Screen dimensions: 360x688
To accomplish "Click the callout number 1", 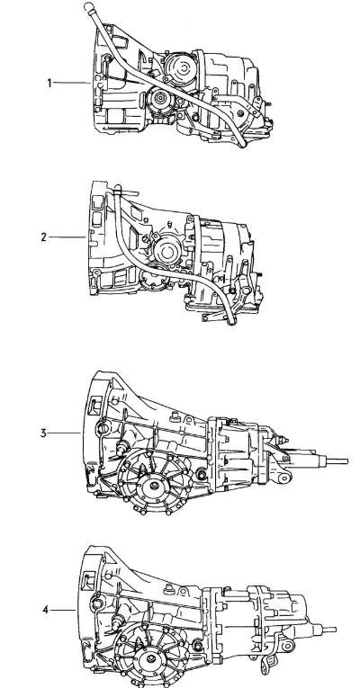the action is coord(49,83).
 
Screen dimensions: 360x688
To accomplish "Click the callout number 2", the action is coord(43,237).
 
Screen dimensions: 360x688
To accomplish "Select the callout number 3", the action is coord(43,433).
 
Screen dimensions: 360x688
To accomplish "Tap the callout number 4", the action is coord(45,610).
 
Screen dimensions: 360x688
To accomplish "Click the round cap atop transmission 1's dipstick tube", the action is coord(88,6).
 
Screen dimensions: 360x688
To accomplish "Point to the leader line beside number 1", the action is coord(72,83).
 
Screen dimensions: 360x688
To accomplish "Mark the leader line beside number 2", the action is coord(67,237).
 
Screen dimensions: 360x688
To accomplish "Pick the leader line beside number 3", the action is coord(64,433).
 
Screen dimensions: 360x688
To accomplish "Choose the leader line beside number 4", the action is coord(63,610).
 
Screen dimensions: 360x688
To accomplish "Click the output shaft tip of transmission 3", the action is coord(346,461).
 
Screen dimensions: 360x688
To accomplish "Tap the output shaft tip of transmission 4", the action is coord(335,630).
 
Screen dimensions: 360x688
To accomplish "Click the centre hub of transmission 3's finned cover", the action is coord(154,486).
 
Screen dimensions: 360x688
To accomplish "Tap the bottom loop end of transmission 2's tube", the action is coord(231,321).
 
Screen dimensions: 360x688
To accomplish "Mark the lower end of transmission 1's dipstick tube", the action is coord(242,144).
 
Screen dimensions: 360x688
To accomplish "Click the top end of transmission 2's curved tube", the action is coord(117,189).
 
